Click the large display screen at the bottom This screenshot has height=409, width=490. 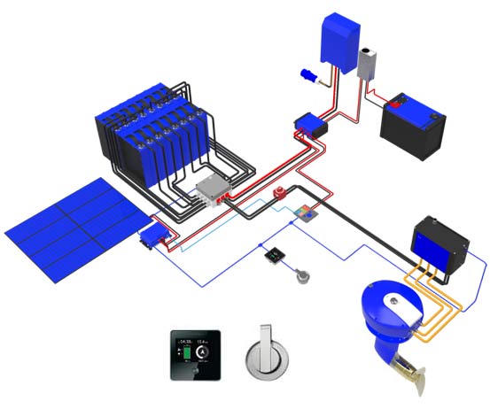click(x=196, y=352)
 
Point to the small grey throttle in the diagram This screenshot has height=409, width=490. click(x=303, y=275)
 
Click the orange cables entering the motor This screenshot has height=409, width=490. click(x=443, y=305)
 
